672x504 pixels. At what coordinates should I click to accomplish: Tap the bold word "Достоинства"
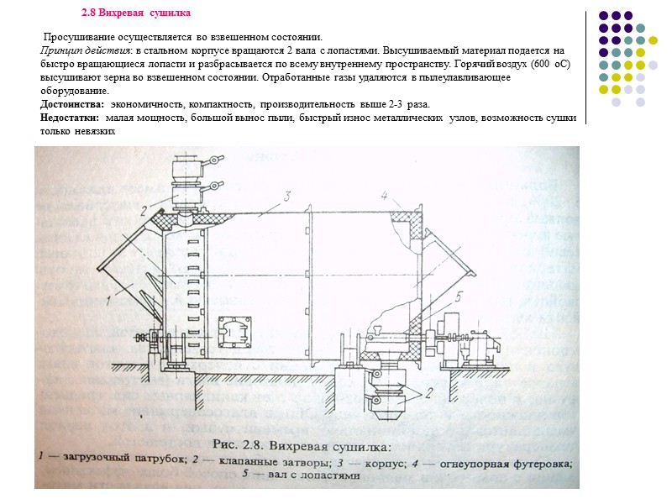72,103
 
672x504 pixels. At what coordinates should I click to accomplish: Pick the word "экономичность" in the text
142,103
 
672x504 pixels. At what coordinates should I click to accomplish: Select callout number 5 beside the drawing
458,295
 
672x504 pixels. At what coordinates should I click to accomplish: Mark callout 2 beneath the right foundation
428,391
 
